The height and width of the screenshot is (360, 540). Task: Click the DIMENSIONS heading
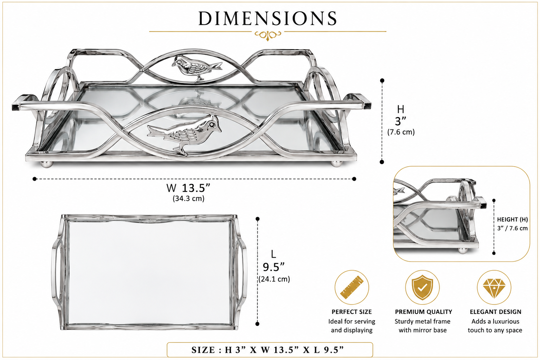[x=268, y=18]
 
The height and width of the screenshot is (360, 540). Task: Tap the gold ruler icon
[x=352, y=287]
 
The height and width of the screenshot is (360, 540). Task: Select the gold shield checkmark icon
[x=422, y=288]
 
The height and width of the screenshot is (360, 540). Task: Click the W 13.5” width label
[x=188, y=188]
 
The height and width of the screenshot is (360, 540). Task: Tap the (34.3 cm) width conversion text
[x=188, y=198]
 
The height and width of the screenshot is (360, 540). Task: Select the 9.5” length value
[x=274, y=267]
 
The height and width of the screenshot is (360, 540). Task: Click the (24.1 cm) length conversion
[x=274, y=279]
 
